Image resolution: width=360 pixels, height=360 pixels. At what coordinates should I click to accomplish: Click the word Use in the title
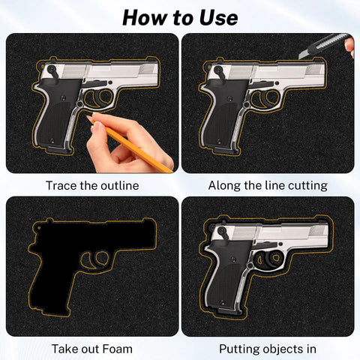point(218,18)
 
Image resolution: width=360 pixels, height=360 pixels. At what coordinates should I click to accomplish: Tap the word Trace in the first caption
point(61,186)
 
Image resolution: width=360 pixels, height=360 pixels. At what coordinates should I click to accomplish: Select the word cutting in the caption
point(307,186)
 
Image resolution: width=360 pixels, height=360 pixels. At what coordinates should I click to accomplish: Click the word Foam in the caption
point(117,349)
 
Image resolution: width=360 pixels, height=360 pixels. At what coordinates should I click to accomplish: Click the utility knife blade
point(303,54)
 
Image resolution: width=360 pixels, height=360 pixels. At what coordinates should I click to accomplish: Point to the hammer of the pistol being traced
point(53,70)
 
